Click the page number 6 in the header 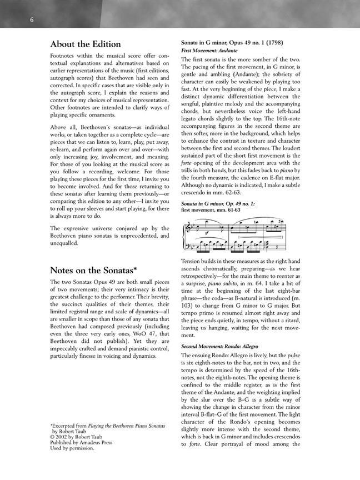[x=26, y=20]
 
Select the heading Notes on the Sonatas [x=98, y=271]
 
